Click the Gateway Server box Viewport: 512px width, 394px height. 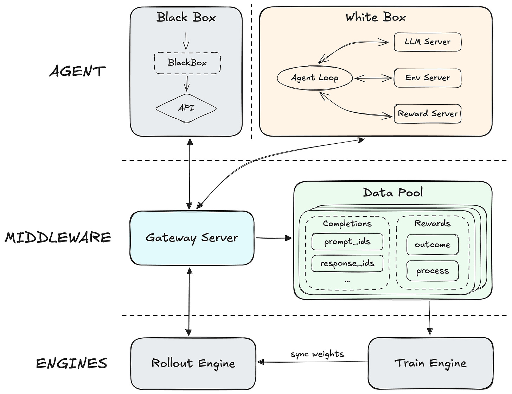192,238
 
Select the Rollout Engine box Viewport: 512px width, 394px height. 193,363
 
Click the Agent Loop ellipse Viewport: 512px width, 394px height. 315,78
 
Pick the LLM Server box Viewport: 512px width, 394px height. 427,42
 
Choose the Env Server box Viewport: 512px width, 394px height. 427,78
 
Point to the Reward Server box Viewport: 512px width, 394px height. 427,114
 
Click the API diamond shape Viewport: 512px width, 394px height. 186,108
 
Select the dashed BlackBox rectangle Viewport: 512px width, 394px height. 187,63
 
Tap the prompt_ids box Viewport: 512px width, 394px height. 347,242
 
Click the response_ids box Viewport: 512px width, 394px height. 347,263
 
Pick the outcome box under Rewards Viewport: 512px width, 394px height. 432,245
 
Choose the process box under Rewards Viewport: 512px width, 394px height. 432,271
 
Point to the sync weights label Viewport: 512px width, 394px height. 317,354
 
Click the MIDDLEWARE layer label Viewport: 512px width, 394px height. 58,238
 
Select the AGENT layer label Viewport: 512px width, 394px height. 77,71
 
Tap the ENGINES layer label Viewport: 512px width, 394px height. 72,363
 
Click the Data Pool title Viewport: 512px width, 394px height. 393,192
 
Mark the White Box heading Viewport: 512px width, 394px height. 376,17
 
